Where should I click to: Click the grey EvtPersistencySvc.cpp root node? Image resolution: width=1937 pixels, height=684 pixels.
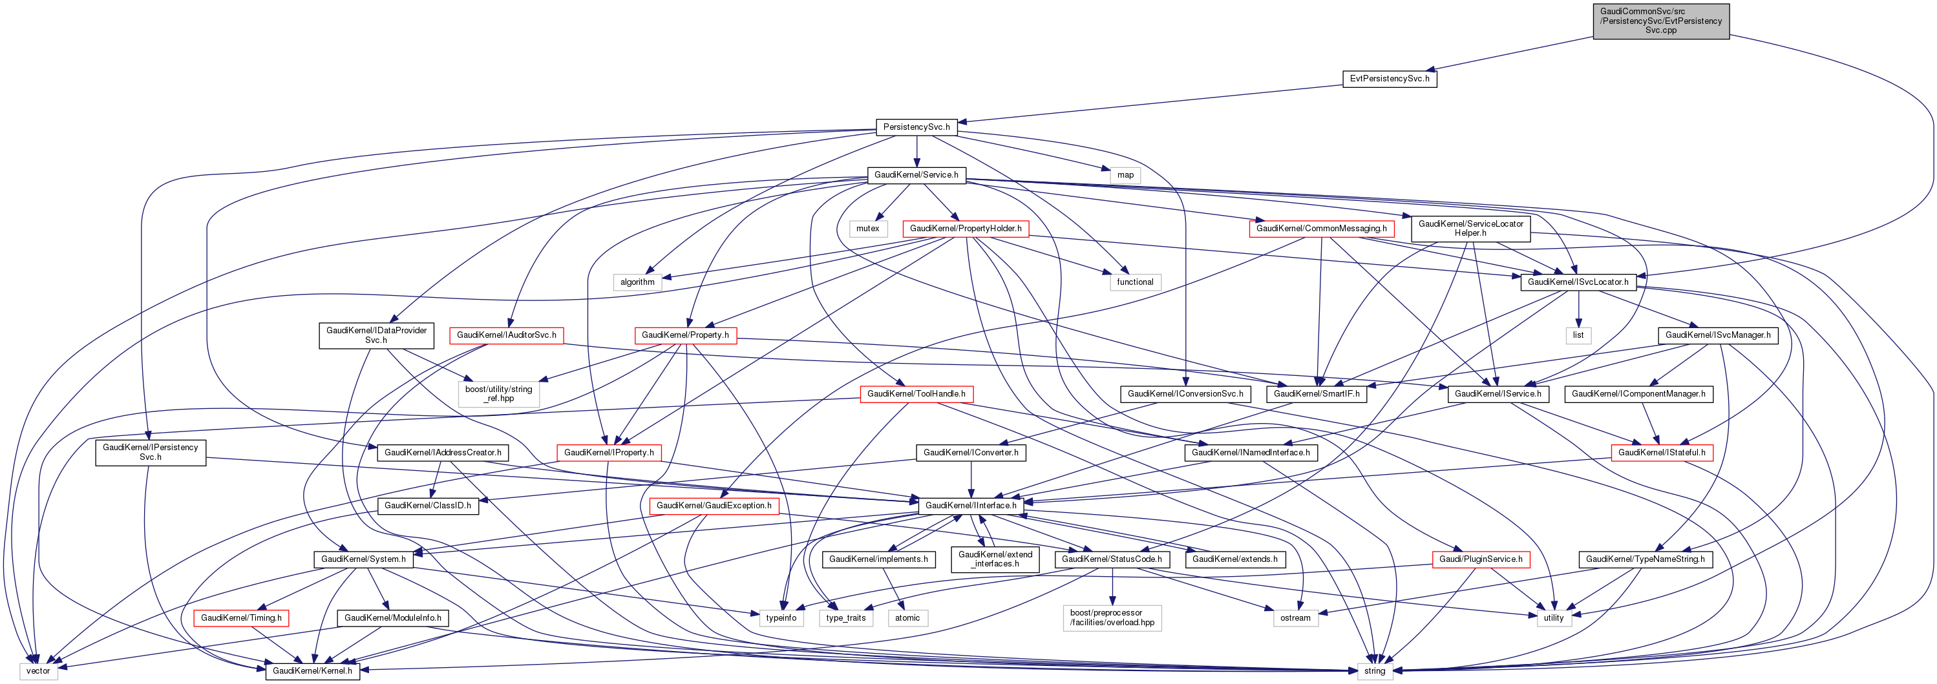click(1660, 21)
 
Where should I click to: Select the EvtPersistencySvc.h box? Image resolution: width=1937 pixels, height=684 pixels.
click(1389, 79)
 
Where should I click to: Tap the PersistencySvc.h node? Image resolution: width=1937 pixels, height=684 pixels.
click(916, 127)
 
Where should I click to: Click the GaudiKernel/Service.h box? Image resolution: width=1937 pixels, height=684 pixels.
click(916, 175)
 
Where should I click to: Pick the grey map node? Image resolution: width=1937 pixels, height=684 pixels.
click(1125, 175)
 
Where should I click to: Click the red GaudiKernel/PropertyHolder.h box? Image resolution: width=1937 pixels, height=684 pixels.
click(965, 229)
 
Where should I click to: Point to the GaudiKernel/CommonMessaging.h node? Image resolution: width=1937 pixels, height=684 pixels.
click(1321, 229)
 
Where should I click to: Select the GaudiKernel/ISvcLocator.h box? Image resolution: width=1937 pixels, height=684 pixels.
click(1578, 282)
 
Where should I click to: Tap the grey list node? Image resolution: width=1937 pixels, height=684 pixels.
click(1578, 335)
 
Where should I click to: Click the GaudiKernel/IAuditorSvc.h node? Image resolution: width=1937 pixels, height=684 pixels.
click(506, 335)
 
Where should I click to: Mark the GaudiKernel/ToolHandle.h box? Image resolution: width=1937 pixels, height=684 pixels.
click(916, 394)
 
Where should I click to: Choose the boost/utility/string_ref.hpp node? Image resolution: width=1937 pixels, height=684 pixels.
click(498, 394)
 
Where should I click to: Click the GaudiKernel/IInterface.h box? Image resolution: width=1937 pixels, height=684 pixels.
click(970, 506)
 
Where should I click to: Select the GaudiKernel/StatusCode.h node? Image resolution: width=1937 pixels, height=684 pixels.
click(1112, 559)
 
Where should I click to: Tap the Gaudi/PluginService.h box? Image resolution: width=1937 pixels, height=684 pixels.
click(1480, 559)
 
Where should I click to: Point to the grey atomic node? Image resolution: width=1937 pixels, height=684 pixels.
click(907, 618)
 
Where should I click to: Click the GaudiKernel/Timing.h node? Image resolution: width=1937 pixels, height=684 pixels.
click(240, 618)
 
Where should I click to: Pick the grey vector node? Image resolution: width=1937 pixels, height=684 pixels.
click(37, 671)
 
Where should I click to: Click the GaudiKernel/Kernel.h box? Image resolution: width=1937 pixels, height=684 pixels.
click(312, 671)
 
